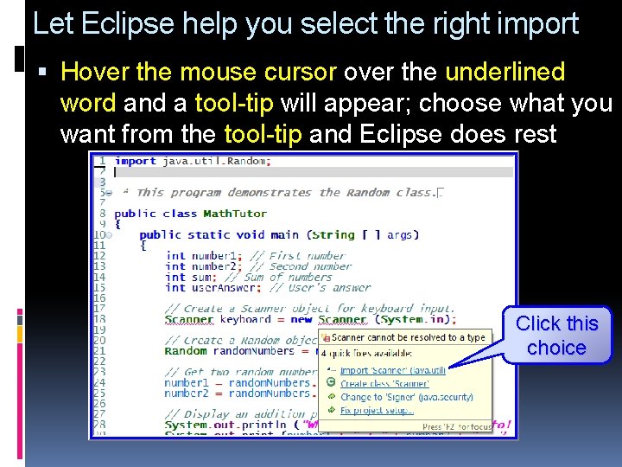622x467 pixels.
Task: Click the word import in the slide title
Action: [535, 23]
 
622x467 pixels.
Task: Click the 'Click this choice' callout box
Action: [556, 336]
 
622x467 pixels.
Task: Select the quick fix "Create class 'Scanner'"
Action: [384, 383]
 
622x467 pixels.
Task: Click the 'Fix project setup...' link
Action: [377, 410]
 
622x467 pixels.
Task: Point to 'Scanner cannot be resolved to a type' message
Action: [408, 337]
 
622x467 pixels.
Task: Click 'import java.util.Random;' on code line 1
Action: [193, 161]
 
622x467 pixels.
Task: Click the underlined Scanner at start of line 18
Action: [188, 319]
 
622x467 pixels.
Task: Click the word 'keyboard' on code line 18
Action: [245, 319]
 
